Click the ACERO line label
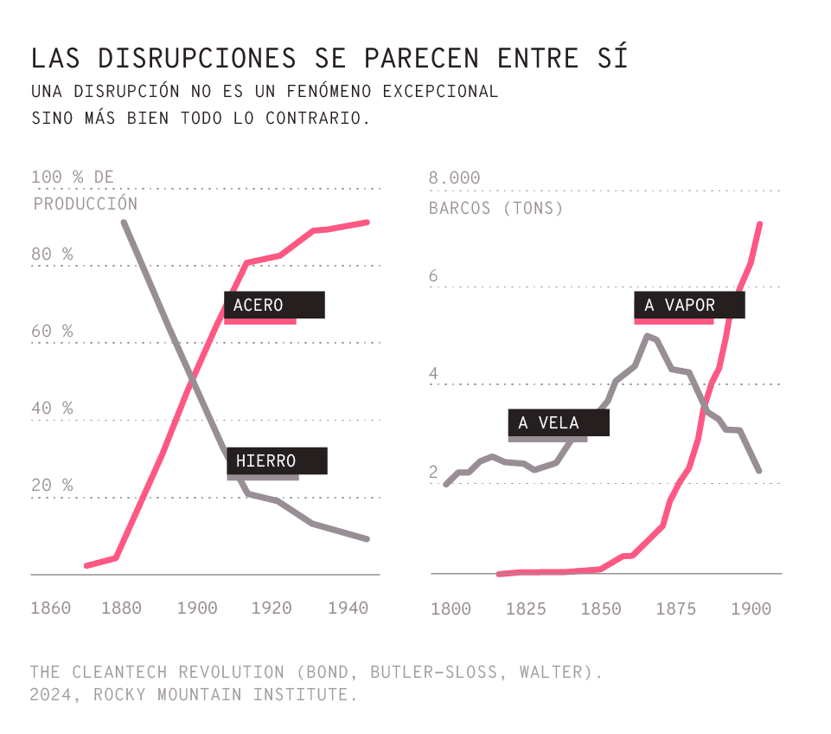[x=274, y=306]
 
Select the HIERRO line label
[x=277, y=461]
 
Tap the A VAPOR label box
[x=688, y=306]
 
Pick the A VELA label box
[x=559, y=423]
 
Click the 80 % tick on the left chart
[x=52, y=254]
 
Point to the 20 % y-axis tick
[x=52, y=486]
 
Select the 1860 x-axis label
[x=50, y=608]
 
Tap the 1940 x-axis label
[x=348, y=608]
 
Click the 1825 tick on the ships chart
[x=526, y=609]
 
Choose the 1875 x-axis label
[x=676, y=609]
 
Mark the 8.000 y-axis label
[x=454, y=178]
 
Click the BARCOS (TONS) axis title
[x=495, y=209]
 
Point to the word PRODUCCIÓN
[x=86, y=204]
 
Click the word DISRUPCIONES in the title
[x=195, y=58]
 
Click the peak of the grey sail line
[x=647, y=336]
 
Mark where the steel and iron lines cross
[x=192, y=378]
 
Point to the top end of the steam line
[x=760, y=224]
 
